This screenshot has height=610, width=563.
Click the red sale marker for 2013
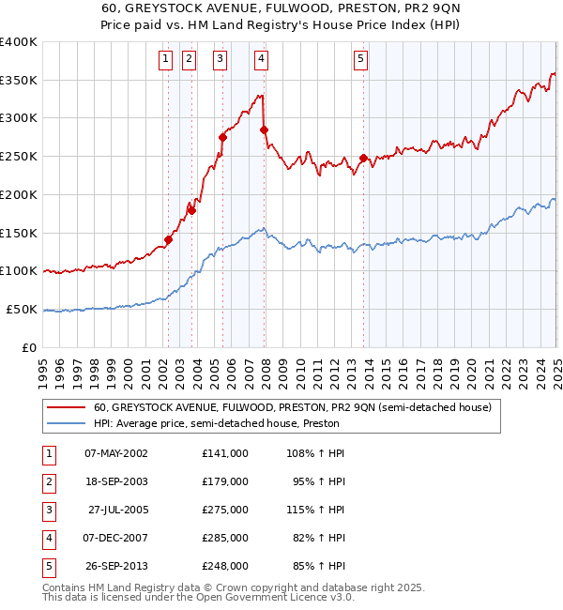(363, 159)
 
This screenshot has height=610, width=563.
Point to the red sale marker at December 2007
(264, 130)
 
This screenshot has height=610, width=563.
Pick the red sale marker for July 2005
(223, 137)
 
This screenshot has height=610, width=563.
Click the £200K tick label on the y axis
(19, 194)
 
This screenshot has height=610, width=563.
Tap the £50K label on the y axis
(22, 309)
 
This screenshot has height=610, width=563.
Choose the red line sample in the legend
(66, 408)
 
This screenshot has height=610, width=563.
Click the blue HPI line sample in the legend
(66, 424)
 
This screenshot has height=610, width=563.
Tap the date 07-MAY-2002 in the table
(116, 453)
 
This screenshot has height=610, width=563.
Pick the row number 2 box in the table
(48, 481)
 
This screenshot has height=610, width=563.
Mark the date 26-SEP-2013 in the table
(116, 566)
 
